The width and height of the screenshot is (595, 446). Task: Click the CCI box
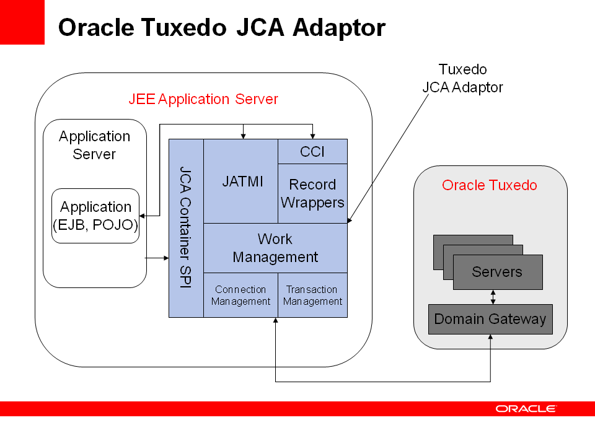coord(312,152)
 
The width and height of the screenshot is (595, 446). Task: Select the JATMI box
coord(241,181)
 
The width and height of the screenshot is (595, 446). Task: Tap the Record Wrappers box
coord(312,193)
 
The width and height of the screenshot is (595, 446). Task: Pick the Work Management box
coord(275,248)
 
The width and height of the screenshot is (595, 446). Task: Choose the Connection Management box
coord(241,295)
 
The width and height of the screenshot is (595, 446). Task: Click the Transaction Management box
coord(312,295)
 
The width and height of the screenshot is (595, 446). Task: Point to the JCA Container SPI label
coord(185,227)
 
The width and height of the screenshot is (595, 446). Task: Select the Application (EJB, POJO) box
coord(95,216)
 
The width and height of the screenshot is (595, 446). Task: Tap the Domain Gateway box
coord(490,319)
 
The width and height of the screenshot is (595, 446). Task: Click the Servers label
coord(497,271)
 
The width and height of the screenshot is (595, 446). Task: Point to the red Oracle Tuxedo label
coord(490,185)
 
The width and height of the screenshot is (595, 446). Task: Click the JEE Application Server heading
coord(203,99)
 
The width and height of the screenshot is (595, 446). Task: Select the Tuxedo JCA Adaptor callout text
coord(462,78)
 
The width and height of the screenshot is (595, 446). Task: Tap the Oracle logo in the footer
coord(526,408)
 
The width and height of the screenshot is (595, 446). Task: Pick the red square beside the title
coord(22,22)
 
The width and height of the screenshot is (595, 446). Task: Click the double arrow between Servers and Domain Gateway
coord(493,297)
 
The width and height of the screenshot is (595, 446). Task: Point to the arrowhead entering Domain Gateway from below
coord(490,337)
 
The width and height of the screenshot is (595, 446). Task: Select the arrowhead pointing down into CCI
coord(312,136)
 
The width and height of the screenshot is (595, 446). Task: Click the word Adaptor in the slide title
coord(339,28)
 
